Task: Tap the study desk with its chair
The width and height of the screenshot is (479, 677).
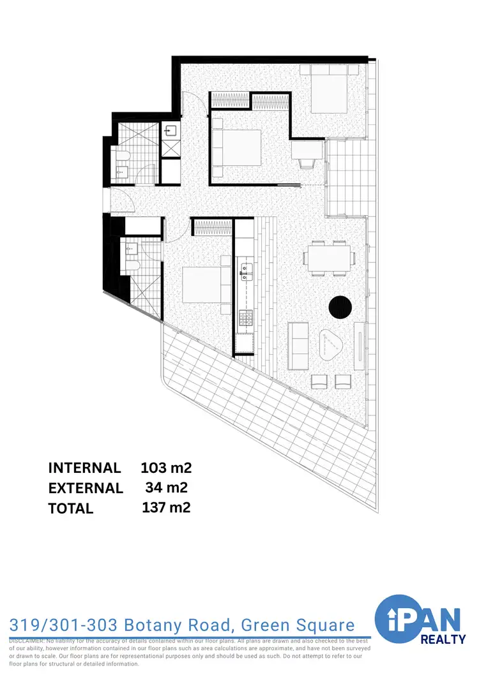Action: click(x=305, y=153)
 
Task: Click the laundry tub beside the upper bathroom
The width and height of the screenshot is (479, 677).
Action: click(x=170, y=132)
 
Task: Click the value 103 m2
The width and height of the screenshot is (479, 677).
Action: click(x=166, y=467)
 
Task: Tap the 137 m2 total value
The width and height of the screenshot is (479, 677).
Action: click(x=166, y=508)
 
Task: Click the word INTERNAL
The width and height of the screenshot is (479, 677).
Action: click(x=84, y=468)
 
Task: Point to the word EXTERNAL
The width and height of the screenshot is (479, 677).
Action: click(x=86, y=488)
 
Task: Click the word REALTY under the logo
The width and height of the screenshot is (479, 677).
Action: click(x=443, y=639)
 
